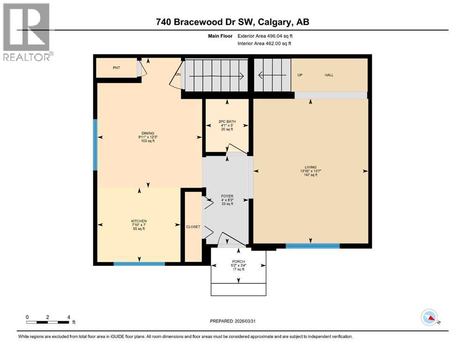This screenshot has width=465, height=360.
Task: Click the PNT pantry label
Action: click(x=117, y=68)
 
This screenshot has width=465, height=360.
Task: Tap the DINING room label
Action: click(x=148, y=133)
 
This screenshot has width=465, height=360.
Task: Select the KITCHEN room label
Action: click(x=139, y=221)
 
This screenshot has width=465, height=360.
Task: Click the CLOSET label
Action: click(x=193, y=227)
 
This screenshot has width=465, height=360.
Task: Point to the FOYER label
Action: click(x=228, y=196)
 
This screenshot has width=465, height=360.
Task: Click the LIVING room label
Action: click(x=310, y=167)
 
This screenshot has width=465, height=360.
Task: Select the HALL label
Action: click(x=329, y=75)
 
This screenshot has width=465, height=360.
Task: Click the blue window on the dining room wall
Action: click(x=95, y=144)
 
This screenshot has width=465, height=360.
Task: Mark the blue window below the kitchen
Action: click(x=139, y=264)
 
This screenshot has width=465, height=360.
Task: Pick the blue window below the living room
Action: click(x=312, y=246)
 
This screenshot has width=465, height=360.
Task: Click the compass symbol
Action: click(x=429, y=318)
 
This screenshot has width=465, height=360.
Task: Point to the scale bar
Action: click(x=48, y=322)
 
